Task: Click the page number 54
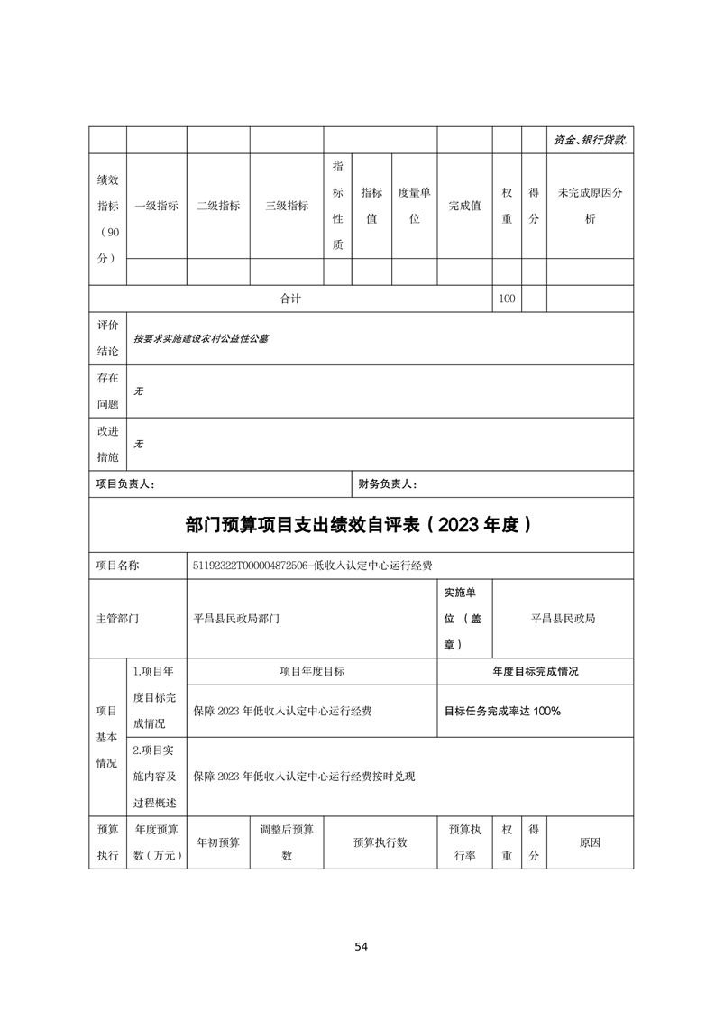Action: coord(361,946)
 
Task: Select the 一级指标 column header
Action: coord(156,206)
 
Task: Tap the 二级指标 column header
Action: coord(218,206)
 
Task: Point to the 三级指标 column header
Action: coord(287,206)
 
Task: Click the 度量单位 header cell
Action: coord(415,206)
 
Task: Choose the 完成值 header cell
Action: coord(464,206)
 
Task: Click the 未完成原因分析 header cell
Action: coord(590,206)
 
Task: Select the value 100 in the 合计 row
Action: coord(507,299)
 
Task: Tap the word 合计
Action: coord(290,299)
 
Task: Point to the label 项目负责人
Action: coord(125,484)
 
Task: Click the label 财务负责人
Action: coord(388,484)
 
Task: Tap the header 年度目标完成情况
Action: coord(535,672)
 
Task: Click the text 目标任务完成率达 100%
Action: coord(502,711)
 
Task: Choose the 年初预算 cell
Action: coord(218,842)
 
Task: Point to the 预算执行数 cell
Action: coord(380,842)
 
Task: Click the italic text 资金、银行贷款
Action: coord(590,141)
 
